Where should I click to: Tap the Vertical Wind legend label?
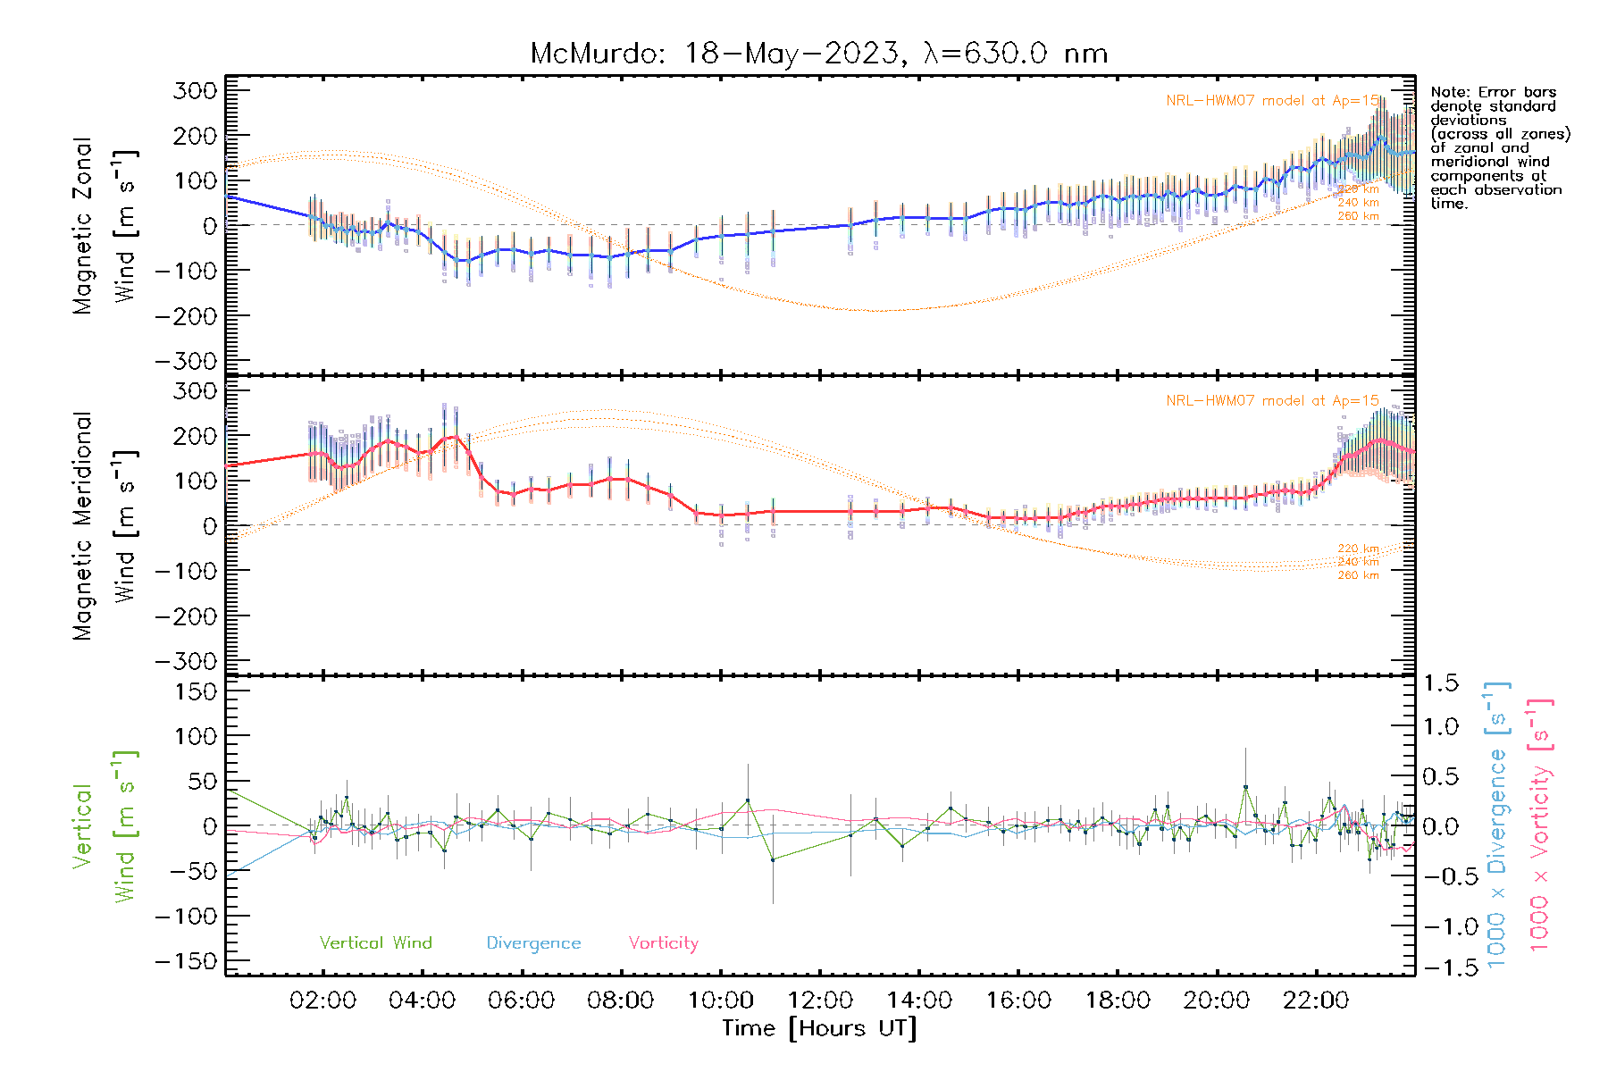[x=375, y=942]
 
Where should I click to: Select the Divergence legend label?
[x=533, y=942]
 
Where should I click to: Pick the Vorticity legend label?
[x=663, y=942]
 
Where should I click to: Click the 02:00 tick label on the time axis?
[x=322, y=1001]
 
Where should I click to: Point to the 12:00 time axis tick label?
[x=820, y=1001]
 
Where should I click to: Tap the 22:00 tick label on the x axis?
[x=1315, y=1001]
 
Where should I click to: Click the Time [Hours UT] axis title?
[x=819, y=1028]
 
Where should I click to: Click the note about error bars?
[x=1499, y=147]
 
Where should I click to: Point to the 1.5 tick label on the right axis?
[x=1440, y=683]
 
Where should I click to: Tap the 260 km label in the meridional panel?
[x=1358, y=575]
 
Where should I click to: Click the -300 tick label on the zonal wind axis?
[x=186, y=361]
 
